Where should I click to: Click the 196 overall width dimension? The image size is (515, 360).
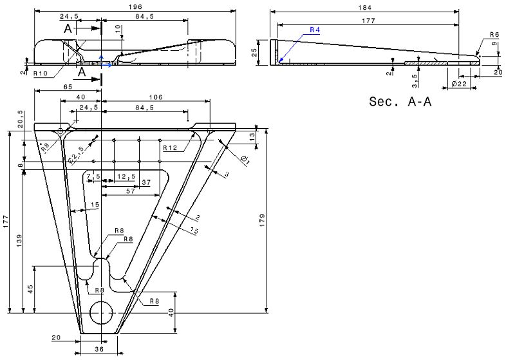click(x=135, y=6)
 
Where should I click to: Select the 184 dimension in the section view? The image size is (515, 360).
click(x=365, y=6)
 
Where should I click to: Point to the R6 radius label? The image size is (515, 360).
click(x=494, y=34)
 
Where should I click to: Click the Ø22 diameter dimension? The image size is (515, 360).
click(x=458, y=85)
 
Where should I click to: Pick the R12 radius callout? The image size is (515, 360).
click(x=170, y=147)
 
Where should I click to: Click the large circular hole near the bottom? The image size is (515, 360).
click(x=101, y=312)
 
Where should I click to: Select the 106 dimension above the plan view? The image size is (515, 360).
click(x=155, y=97)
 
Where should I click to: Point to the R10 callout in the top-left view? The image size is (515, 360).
click(x=41, y=73)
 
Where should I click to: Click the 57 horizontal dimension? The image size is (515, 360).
click(x=130, y=191)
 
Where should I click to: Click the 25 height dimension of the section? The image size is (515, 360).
click(x=255, y=49)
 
